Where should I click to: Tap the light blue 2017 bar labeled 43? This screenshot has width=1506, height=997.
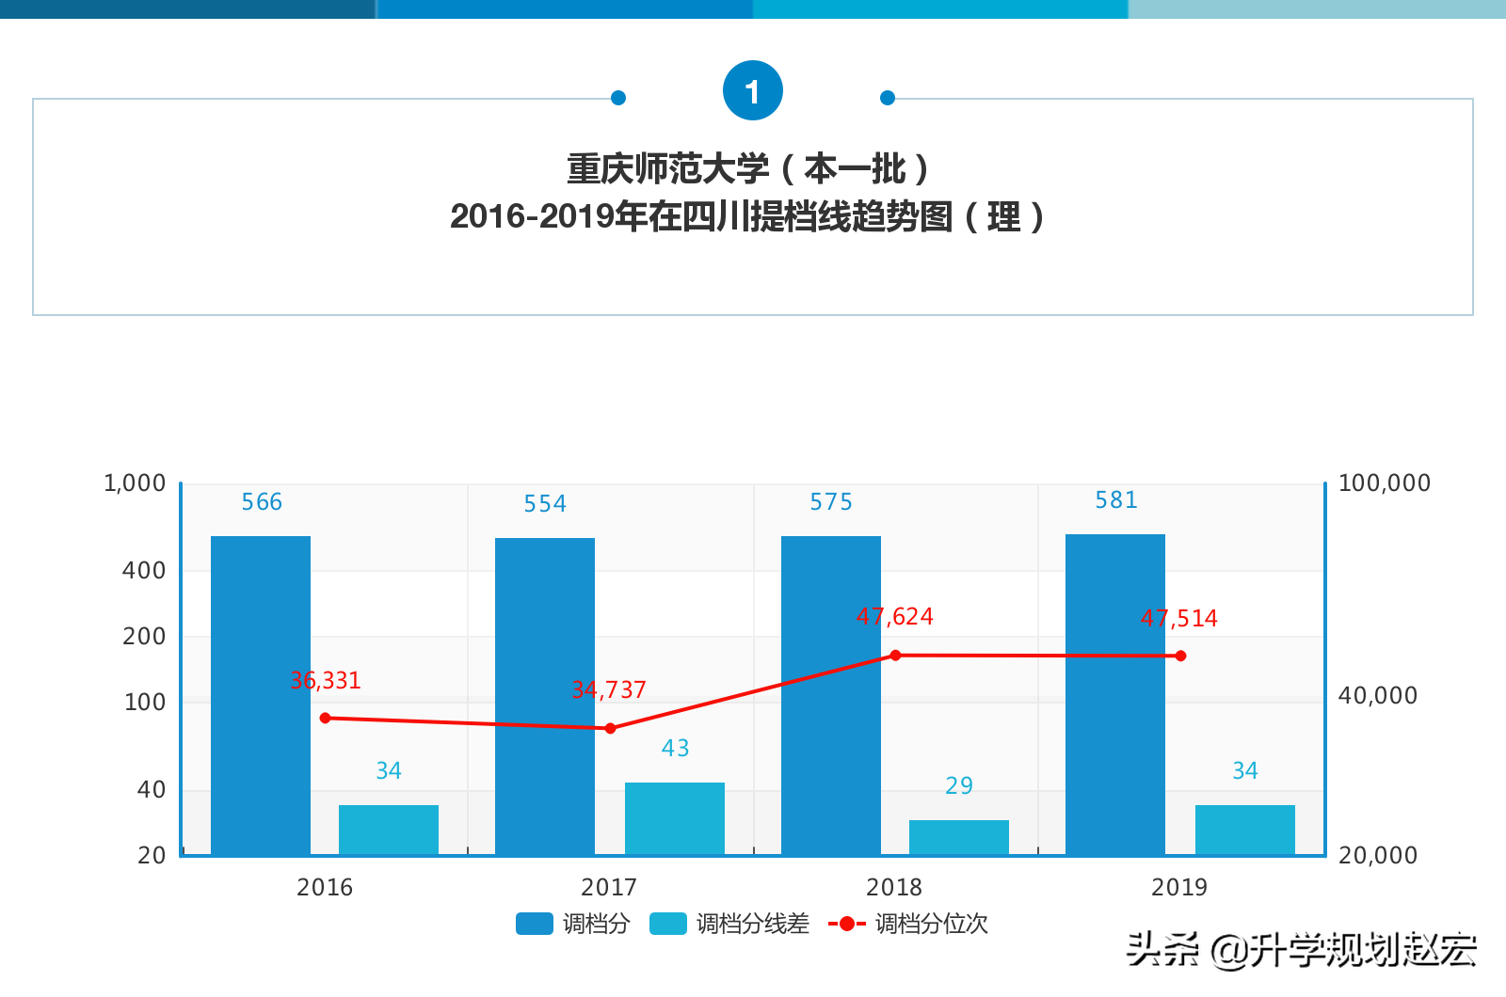[675, 818]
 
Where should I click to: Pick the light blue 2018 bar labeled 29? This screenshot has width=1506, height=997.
[959, 837]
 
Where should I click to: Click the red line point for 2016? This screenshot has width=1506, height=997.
[326, 718]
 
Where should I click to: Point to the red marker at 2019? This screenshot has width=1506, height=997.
[1180, 656]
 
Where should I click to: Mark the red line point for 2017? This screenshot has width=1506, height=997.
[610, 728]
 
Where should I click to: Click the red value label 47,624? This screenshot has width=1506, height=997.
[894, 617]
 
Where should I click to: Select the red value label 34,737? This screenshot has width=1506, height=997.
[609, 690]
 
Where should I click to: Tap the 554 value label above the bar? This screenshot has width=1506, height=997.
[545, 504]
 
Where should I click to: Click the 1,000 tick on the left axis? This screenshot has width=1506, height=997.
[135, 483]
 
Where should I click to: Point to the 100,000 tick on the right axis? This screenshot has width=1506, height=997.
[1384, 483]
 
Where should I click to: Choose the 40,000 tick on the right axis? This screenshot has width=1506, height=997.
[1377, 696]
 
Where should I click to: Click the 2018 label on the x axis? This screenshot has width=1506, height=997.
[894, 887]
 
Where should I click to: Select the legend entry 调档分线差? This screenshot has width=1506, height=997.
[730, 924]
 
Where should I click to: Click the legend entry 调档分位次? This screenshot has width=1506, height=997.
[909, 924]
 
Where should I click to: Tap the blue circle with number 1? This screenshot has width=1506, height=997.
[752, 90]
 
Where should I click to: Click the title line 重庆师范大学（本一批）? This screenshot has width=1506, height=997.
[749, 169]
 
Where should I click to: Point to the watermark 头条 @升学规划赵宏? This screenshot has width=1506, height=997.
[1302, 950]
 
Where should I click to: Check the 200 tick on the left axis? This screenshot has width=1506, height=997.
[144, 637]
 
